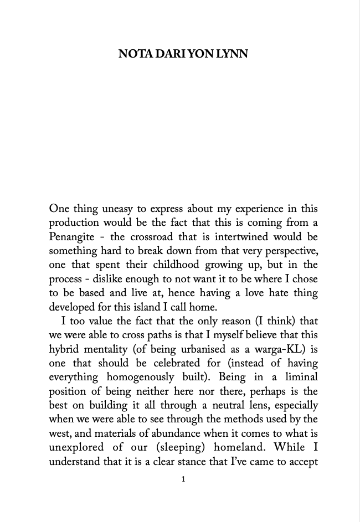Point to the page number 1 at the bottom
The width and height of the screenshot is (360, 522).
point(183,479)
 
